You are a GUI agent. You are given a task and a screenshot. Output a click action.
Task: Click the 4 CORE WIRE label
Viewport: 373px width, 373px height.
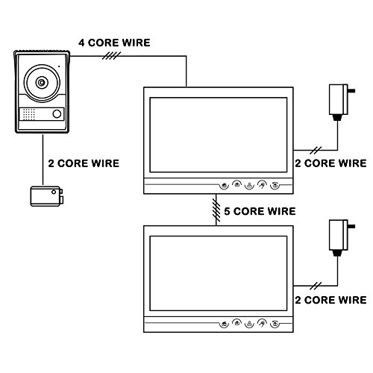tap(114, 43)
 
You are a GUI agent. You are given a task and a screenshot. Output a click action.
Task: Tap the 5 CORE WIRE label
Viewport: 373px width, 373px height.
tap(260, 211)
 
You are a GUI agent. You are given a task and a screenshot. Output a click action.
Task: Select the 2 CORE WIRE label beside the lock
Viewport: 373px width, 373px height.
tap(84, 163)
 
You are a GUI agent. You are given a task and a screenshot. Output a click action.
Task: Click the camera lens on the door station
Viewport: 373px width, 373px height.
tap(42, 83)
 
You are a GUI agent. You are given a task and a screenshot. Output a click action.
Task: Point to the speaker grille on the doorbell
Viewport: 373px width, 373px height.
tap(29, 114)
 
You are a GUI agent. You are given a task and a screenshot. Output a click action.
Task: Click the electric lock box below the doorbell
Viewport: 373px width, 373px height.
tap(47, 196)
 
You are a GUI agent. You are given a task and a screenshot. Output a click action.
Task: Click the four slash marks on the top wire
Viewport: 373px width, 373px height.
tap(111, 56)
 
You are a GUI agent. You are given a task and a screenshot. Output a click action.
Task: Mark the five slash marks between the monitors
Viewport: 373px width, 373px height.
tap(216, 210)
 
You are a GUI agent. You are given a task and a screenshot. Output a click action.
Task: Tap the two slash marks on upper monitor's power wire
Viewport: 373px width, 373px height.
tap(316, 150)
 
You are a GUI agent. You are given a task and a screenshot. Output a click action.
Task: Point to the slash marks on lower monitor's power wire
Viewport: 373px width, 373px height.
tap(316, 286)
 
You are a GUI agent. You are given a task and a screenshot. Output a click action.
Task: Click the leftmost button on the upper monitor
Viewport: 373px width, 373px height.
tap(225, 186)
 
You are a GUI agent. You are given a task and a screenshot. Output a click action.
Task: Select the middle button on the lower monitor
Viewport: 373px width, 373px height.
tap(249, 325)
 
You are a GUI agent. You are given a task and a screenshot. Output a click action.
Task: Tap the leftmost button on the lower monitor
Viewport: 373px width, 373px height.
tap(225, 325)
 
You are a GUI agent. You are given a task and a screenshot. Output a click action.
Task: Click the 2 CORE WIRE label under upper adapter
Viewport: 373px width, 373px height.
tap(330, 163)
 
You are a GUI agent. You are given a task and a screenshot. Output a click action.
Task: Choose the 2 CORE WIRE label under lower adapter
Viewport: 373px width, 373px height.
tap(330, 300)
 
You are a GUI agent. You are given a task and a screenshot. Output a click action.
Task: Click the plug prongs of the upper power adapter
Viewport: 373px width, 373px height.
tap(351, 90)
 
